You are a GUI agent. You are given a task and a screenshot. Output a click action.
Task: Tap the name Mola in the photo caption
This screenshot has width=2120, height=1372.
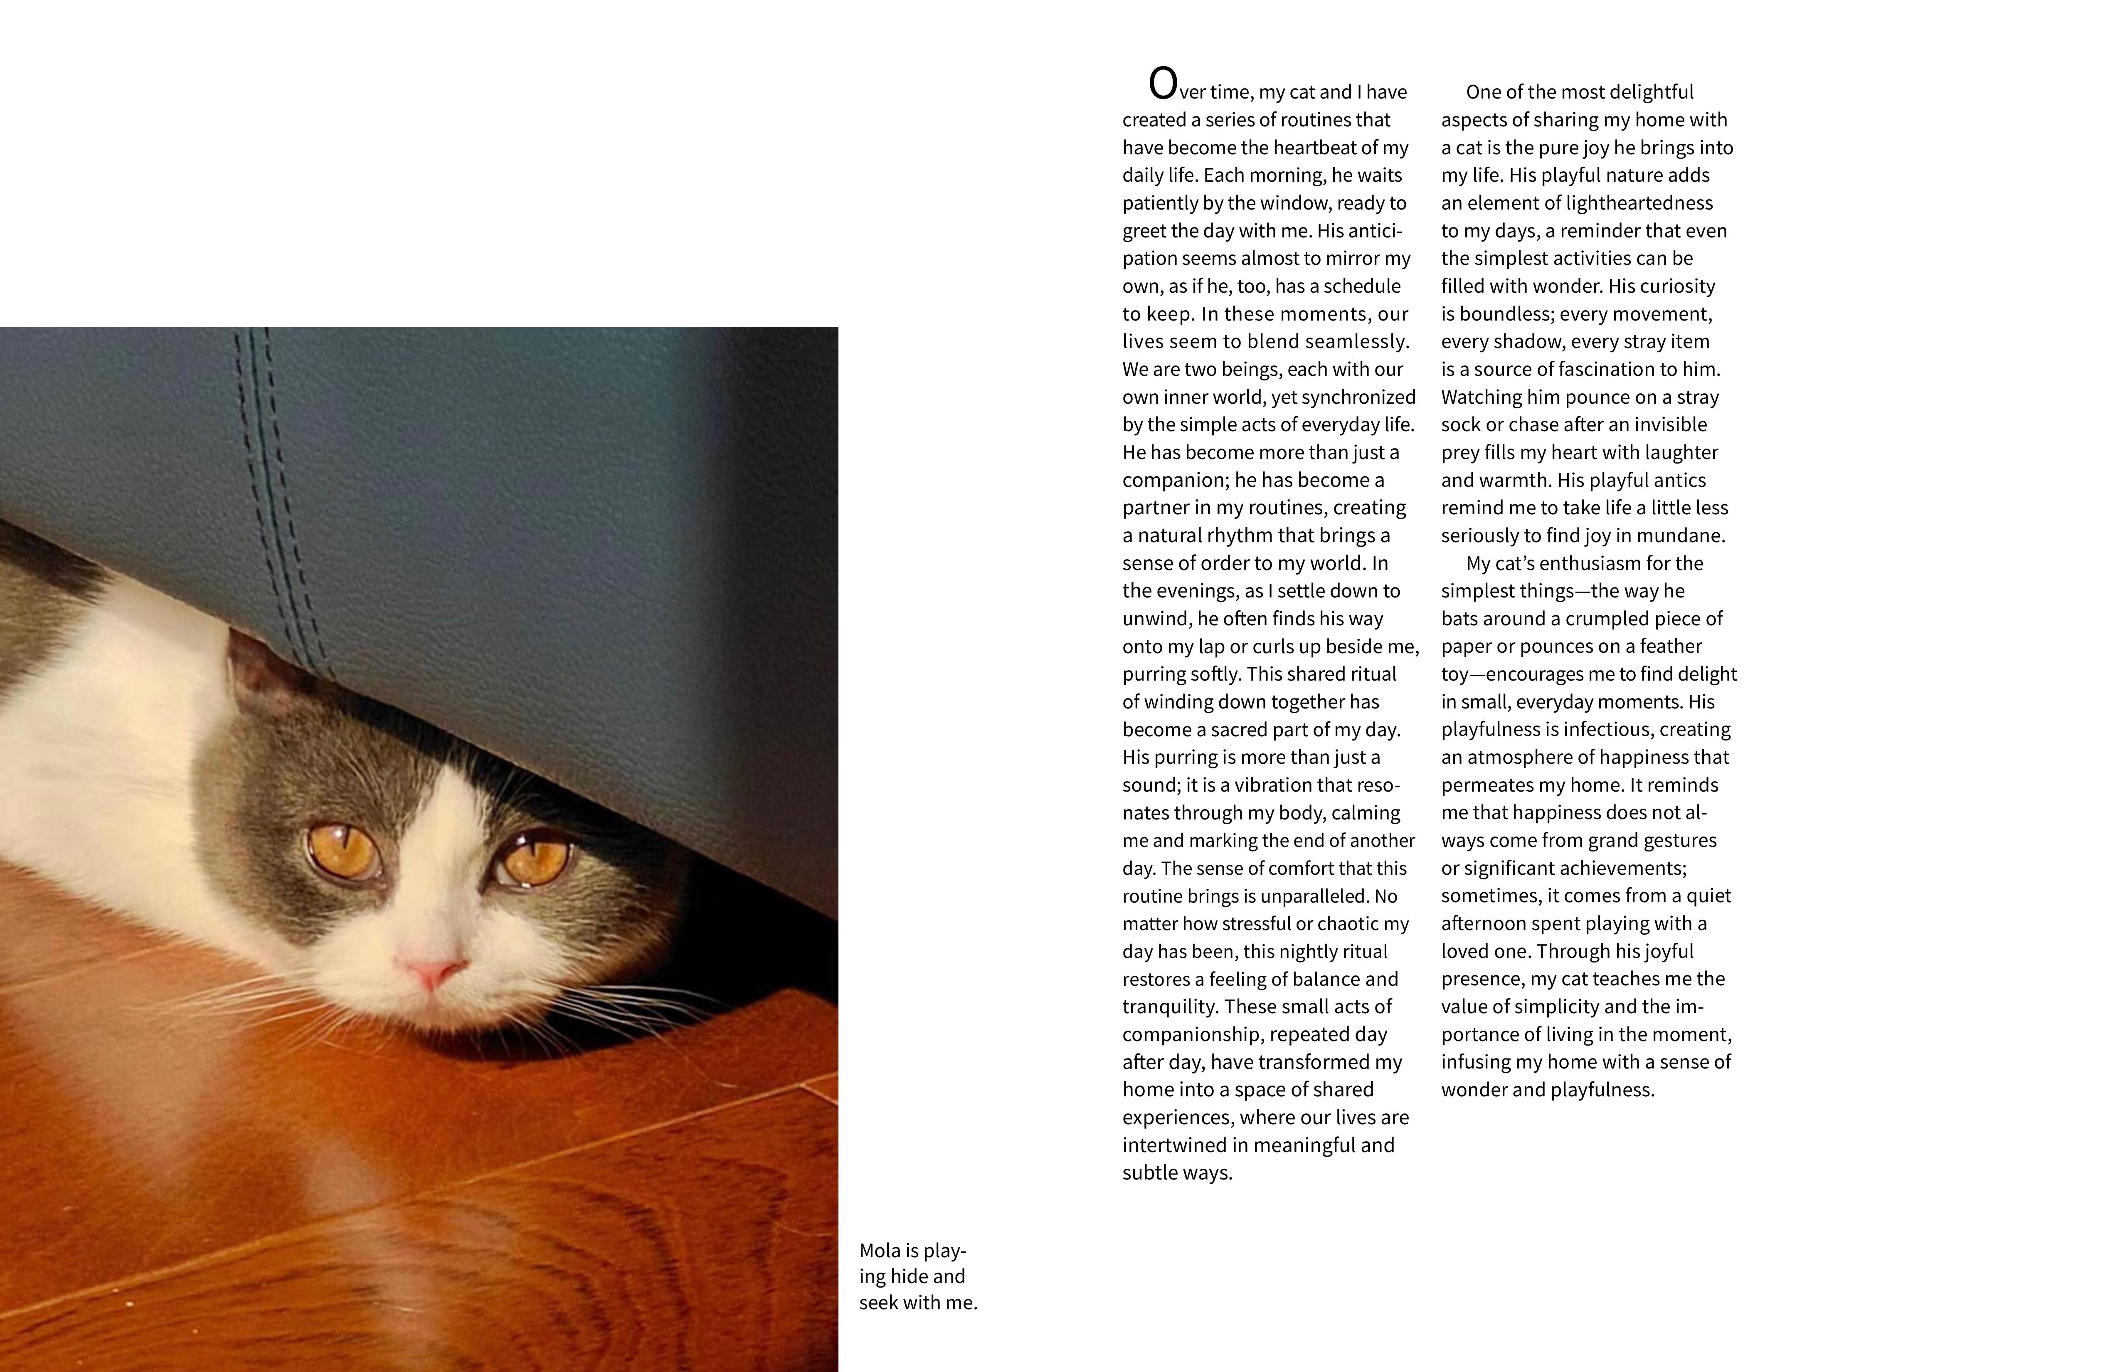coord(879,1251)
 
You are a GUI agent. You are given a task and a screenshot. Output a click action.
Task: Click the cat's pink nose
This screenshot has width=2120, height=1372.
coord(434,971)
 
